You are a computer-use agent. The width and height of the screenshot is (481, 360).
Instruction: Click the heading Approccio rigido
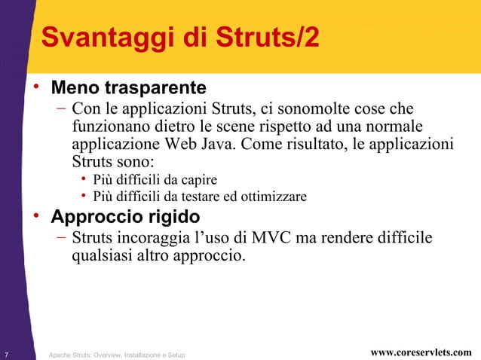coord(125,217)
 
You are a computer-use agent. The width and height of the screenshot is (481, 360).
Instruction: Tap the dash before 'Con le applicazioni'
coord(60,108)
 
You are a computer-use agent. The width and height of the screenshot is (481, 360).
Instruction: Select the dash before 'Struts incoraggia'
coord(60,239)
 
